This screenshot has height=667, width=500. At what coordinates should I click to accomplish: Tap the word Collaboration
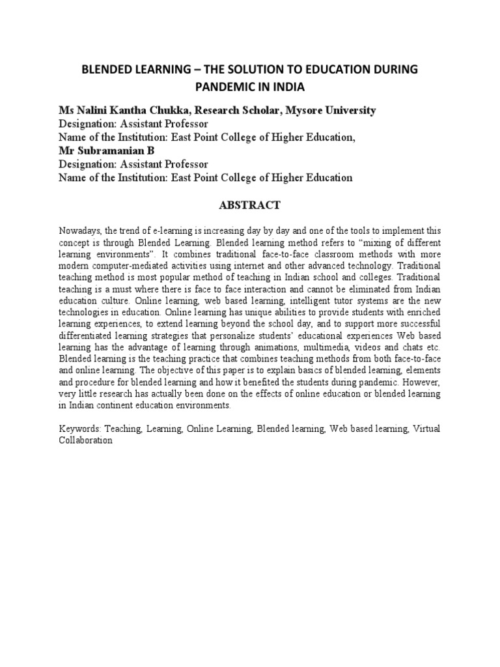tap(86, 440)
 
